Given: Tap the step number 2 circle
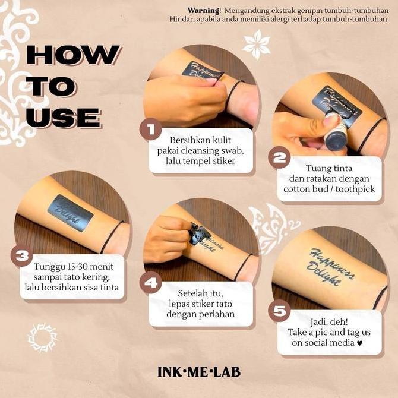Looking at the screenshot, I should point(279,158).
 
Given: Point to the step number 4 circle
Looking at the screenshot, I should point(151,283).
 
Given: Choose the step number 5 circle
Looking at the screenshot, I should point(280,310).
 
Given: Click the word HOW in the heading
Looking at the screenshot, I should point(72,55).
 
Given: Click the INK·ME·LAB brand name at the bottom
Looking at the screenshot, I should point(199,372).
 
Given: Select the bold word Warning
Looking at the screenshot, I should point(204,10).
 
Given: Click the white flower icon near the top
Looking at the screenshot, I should point(257,43).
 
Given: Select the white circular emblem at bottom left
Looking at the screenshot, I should point(42,337).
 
